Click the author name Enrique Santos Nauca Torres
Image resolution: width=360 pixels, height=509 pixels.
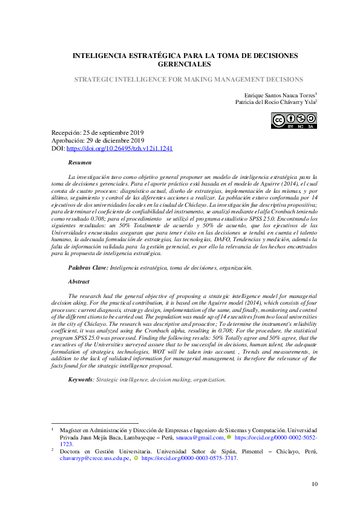(x=279, y=96)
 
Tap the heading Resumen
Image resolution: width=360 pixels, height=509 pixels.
(x=80, y=163)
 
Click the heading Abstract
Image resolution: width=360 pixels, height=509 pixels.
(x=79, y=281)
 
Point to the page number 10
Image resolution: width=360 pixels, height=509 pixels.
(x=315, y=483)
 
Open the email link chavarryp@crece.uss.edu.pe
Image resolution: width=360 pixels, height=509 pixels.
(x=94, y=458)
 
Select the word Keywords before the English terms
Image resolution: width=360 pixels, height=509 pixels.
(x=80, y=379)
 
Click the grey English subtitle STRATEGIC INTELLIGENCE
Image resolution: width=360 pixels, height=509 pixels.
(x=188, y=79)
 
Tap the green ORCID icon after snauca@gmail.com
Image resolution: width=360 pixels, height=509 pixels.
(x=229, y=436)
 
